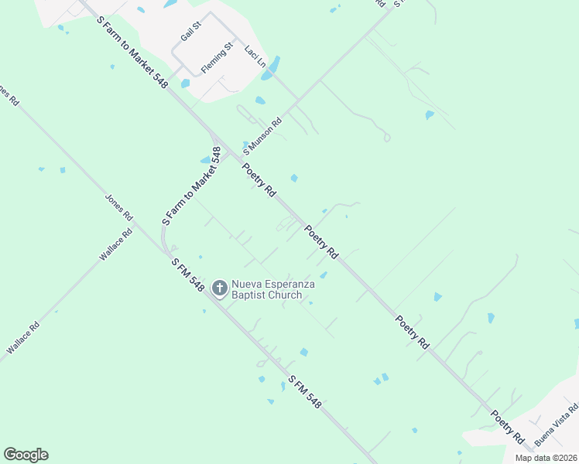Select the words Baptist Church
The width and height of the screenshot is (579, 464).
click(x=268, y=295)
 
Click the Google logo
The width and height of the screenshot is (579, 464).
click(x=26, y=454)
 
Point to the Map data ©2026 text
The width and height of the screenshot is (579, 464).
click(x=546, y=458)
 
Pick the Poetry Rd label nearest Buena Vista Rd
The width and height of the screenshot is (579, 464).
click(x=507, y=427)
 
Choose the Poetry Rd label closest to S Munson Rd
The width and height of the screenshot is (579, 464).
click(x=259, y=179)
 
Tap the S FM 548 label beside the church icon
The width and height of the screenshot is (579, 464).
click(x=188, y=275)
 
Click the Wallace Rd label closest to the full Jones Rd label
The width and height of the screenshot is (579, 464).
click(x=116, y=244)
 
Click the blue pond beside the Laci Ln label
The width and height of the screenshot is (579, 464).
click(x=272, y=67)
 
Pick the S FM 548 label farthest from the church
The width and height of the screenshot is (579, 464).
click(x=304, y=392)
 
